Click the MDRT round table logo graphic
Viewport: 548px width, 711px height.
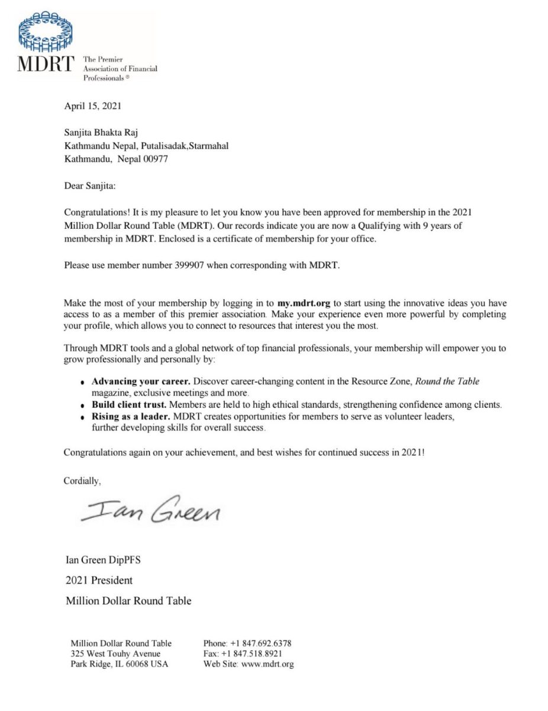[x=46, y=33]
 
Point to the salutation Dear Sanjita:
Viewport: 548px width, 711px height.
[x=90, y=186]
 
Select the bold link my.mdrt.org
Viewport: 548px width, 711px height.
[x=304, y=303]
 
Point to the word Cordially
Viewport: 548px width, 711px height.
[x=82, y=481]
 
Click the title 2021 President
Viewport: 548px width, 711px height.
[x=99, y=580]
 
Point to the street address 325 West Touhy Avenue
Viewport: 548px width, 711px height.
[x=115, y=654]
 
